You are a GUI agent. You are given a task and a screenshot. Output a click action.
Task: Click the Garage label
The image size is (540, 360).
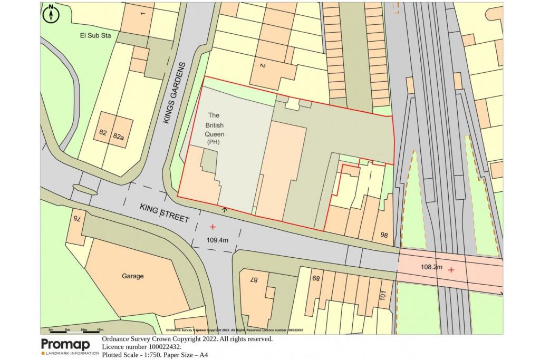click(x=132, y=276)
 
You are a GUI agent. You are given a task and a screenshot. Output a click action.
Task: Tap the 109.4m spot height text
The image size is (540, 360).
click(x=217, y=240)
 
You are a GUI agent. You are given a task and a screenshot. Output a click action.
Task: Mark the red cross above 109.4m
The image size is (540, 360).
click(x=213, y=227)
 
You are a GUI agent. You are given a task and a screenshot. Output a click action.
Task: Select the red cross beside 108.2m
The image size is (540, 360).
click(x=451, y=270)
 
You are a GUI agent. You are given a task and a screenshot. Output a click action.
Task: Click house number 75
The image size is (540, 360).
click(x=76, y=218)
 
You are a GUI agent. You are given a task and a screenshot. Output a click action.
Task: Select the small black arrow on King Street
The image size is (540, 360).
click(x=225, y=210)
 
